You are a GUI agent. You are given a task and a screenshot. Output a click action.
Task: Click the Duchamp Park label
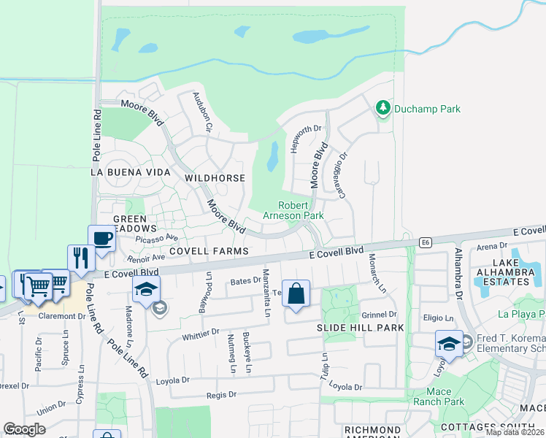click(x=427, y=109)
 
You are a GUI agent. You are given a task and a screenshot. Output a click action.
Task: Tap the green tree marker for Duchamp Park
click(x=382, y=109)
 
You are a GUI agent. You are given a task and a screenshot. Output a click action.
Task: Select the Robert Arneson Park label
click(x=301, y=210)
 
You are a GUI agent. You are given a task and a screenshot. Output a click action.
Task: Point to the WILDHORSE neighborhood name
click(x=215, y=178)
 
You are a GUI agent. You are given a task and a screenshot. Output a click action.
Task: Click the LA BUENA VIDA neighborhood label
click(x=130, y=172)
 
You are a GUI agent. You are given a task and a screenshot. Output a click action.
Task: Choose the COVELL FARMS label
click(x=209, y=250)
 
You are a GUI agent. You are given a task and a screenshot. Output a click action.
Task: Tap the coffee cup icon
click(x=101, y=238)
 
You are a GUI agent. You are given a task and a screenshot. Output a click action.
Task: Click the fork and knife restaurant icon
click(x=80, y=257)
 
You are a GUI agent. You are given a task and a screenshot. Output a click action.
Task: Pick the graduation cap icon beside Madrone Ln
click(x=146, y=289)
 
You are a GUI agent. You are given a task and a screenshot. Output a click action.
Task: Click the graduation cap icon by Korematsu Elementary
click(x=449, y=343)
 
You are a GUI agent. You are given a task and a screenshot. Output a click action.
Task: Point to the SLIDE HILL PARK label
click(x=350, y=328)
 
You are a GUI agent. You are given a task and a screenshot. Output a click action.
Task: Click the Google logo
click(x=24, y=429)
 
